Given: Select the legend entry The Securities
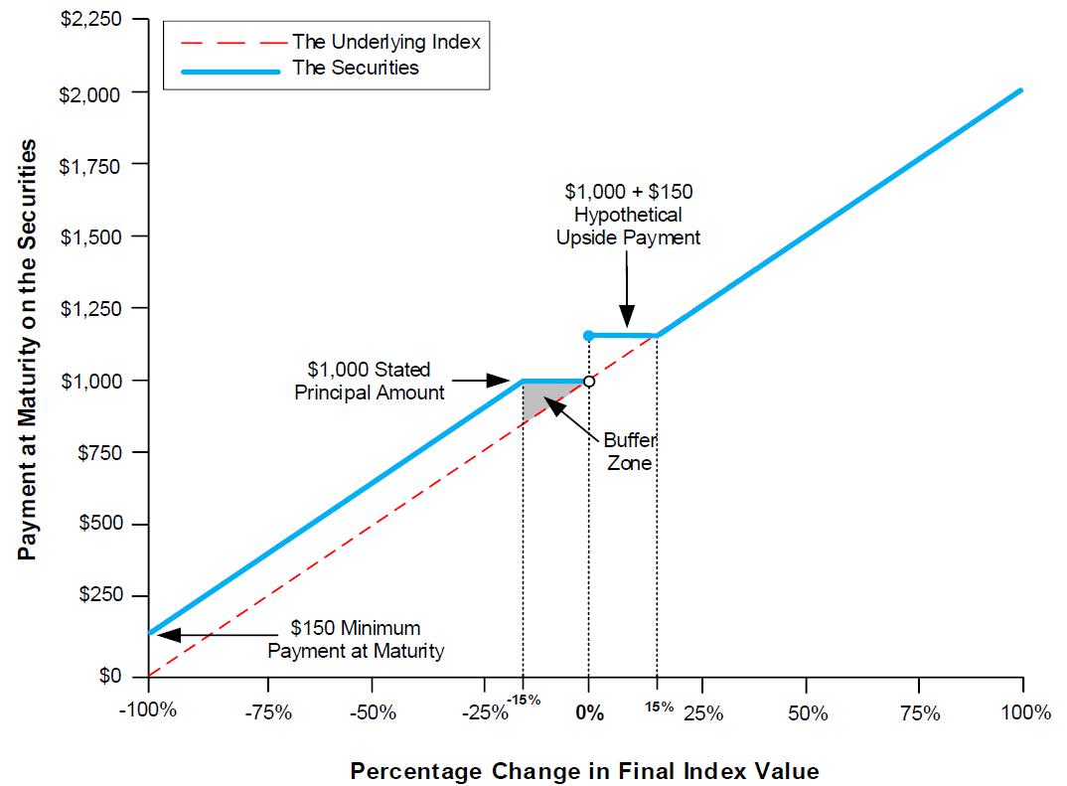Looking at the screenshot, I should tap(355, 68).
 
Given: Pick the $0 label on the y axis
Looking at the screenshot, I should tap(117, 677).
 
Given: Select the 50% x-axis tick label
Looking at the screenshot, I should tap(807, 712).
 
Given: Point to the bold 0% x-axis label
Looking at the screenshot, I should tap(589, 712).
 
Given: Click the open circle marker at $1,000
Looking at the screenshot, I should tap(589, 381).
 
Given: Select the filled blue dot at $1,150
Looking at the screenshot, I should tap(589, 335).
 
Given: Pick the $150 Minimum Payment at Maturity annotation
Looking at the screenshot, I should tap(356, 640).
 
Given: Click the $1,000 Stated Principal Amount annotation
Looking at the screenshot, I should tap(369, 381).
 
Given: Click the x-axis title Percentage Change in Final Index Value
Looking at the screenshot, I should tap(584, 771).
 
